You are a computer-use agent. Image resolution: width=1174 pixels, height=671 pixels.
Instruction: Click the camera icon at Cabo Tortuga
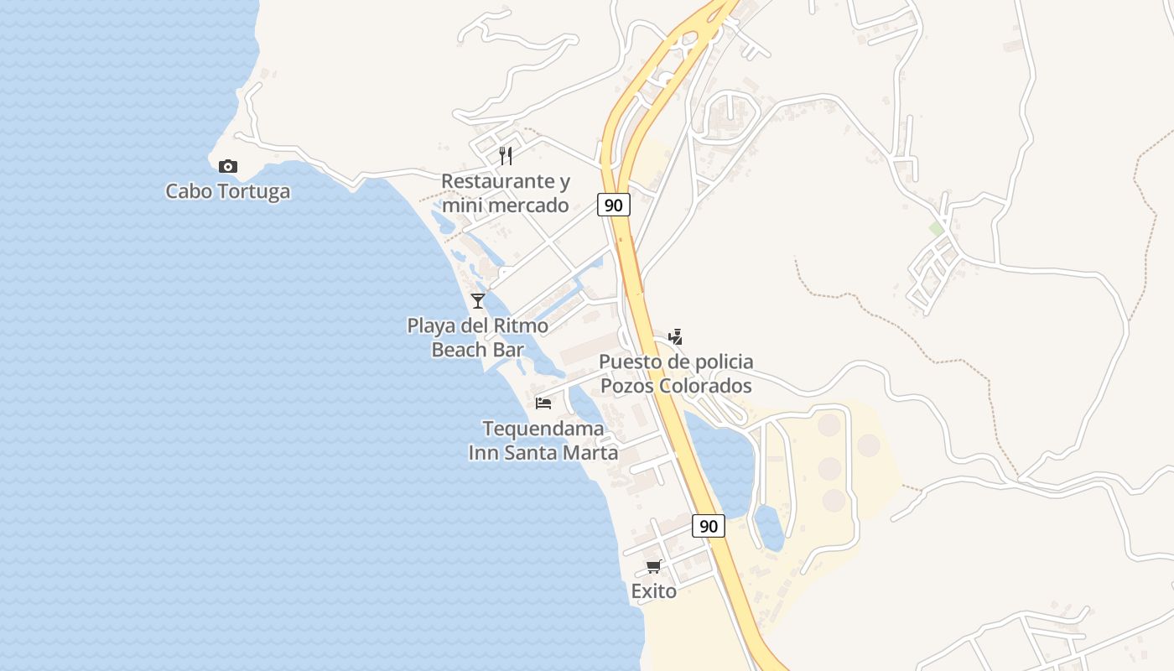pyautogui.click(x=227, y=166)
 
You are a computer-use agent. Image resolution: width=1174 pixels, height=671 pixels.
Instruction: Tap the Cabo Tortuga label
pyautogui.click(x=228, y=191)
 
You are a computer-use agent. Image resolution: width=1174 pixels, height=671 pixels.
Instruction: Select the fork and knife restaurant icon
pyautogui.click(x=506, y=155)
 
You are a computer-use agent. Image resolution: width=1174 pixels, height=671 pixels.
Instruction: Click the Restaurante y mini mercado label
pyautogui.click(x=506, y=193)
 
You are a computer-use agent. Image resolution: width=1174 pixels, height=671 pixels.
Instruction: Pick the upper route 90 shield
pyautogui.click(x=614, y=205)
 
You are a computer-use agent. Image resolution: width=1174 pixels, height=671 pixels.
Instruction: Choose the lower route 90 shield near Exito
pyautogui.click(x=709, y=526)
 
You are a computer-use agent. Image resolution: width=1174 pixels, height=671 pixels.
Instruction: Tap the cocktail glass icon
pyautogui.click(x=478, y=300)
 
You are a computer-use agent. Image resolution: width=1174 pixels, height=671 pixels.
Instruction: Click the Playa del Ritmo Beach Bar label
pyautogui.click(x=478, y=337)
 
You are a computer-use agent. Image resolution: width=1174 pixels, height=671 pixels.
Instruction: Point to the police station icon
pyautogui.click(x=675, y=337)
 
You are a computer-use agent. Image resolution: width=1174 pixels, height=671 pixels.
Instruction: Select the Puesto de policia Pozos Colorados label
pyautogui.click(x=676, y=373)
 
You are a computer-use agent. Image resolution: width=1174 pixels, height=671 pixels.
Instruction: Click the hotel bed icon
pyautogui.click(x=543, y=403)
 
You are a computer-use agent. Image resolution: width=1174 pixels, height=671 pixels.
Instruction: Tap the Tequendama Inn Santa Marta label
pyautogui.click(x=543, y=440)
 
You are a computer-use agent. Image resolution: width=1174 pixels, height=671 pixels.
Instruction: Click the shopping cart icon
pyautogui.click(x=654, y=567)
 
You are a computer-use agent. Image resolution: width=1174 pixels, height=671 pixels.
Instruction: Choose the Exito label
pyautogui.click(x=654, y=591)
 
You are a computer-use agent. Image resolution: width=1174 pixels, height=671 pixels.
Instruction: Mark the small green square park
pyautogui.click(x=937, y=228)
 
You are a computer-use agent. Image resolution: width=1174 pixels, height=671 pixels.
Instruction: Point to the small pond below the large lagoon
pyautogui.click(x=769, y=528)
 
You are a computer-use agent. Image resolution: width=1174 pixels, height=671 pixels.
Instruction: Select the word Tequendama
pyautogui.click(x=543, y=429)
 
